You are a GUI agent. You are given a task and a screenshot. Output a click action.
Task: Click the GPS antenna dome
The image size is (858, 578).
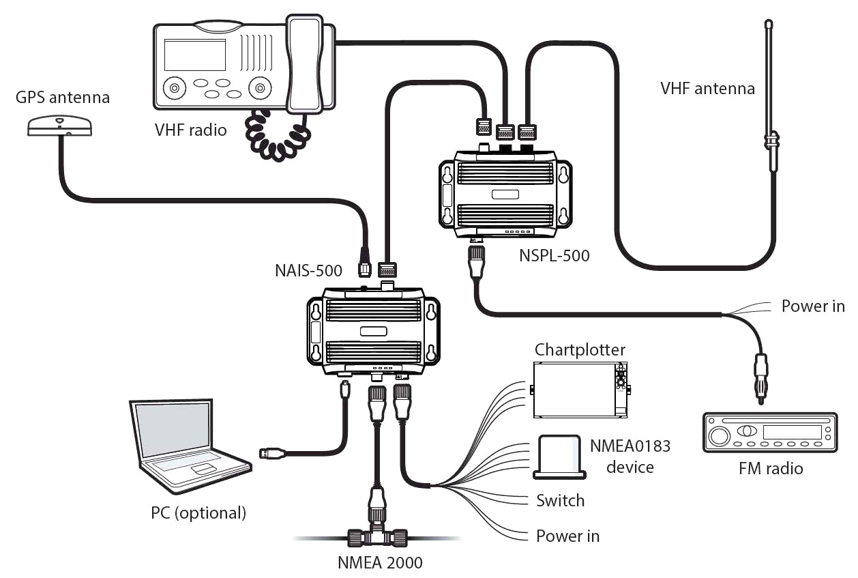(x=60, y=126)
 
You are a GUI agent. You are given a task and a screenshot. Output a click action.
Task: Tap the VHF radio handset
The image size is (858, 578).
(x=304, y=64)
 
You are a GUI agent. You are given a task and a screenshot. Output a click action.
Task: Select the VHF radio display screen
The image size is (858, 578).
(x=195, y=55)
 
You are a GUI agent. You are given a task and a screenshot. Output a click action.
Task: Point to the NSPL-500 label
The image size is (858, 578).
(x=554, y=256)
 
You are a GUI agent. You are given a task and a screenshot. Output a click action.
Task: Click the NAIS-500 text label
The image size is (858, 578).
(x=308, y=271)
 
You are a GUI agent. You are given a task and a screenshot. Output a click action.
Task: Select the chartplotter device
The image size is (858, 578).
(x=580, y=390)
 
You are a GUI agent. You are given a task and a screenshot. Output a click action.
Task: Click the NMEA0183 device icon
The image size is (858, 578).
(x=559, y=457)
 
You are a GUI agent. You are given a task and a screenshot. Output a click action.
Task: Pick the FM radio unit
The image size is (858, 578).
(x=770, y=433)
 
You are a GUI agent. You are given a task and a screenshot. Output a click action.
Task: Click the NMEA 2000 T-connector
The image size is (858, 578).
(x=377, y=536)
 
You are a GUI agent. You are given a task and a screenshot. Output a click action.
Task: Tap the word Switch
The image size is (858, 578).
(x=561, y=501)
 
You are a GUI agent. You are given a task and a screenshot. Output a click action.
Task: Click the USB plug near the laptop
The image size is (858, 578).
(x=272, y=453)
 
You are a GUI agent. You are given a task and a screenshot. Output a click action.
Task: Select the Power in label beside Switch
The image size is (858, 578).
(x=567, y=536)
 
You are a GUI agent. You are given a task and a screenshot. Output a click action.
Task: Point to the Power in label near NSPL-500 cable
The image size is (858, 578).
(x=813, y=306)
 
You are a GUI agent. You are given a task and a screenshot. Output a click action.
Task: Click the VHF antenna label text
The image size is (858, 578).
(x=707, y=89)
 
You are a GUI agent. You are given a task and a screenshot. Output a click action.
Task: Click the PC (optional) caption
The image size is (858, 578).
(x=198, y=513)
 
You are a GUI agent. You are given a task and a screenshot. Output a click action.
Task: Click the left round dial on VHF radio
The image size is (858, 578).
(x=175, y=88)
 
